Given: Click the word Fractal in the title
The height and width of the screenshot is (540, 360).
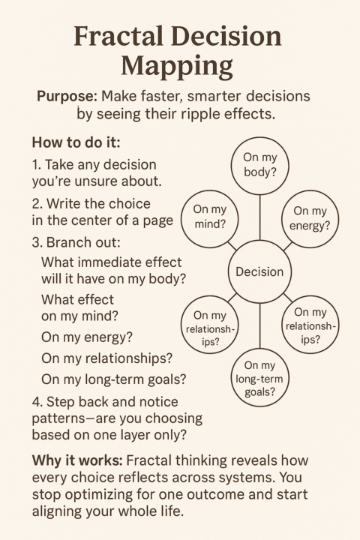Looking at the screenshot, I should click(x=118, y=37).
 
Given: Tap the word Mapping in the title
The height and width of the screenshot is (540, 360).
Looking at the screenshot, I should click(x=180, y=67).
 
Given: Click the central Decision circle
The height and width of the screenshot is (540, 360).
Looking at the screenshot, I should click(x=259, y=271).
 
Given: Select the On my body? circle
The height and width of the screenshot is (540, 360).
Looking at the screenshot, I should click(x=259, y=166).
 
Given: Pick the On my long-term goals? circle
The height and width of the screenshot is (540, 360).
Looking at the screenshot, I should click(x=259, y=377).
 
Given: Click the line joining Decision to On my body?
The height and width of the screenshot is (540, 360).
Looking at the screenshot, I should click(x=259, y=218).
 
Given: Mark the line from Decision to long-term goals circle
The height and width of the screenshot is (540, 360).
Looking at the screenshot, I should click(x=259, y=325).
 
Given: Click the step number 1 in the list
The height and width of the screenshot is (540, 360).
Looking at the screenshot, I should click(x=36, y=163).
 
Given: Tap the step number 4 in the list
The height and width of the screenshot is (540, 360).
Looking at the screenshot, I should click(x=37, y=401).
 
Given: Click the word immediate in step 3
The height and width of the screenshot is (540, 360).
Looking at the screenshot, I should click(x=112, y=262).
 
